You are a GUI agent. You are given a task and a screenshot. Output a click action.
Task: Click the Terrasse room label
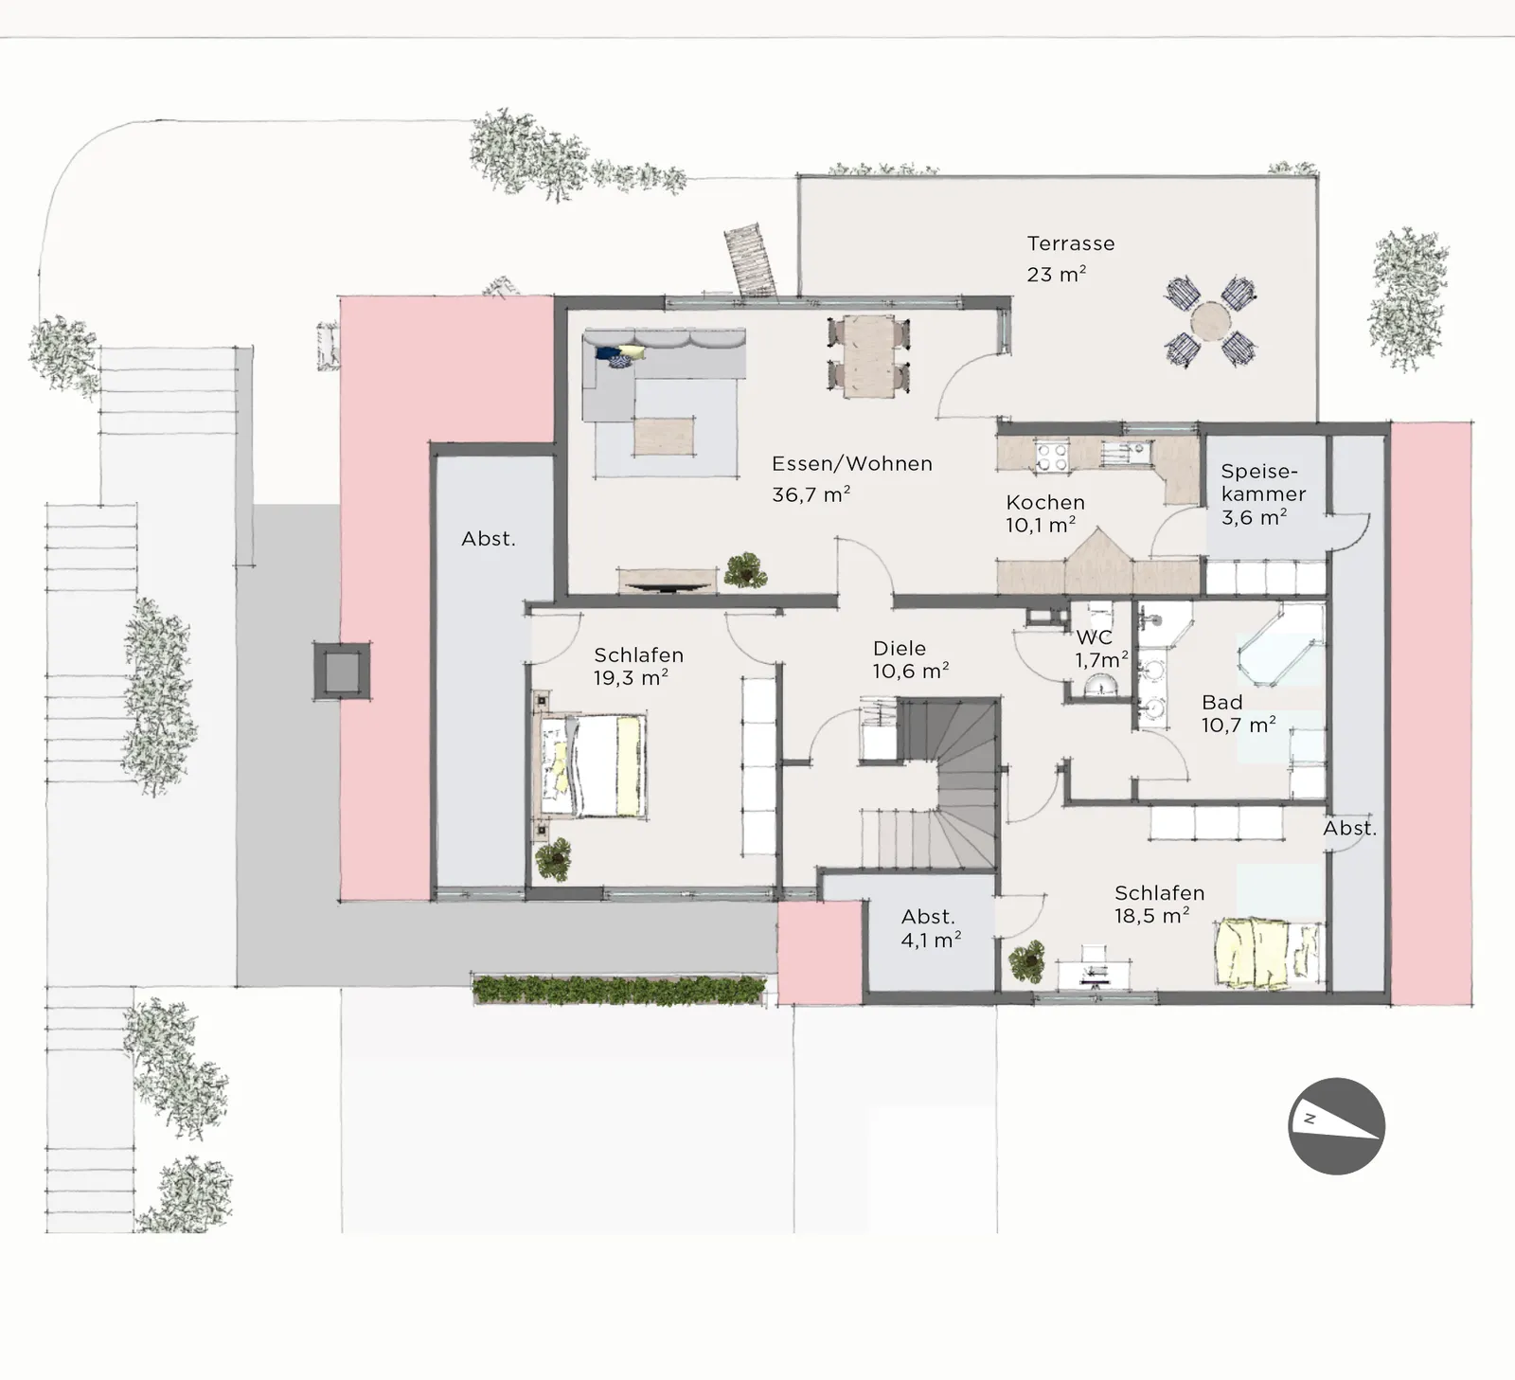tap(1071, 243)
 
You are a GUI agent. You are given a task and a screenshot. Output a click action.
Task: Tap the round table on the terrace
tap(1211, 321)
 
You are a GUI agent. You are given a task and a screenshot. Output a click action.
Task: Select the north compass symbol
tap(1336, 1126)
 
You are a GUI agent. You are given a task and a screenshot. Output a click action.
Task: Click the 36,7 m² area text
tap(811, 493)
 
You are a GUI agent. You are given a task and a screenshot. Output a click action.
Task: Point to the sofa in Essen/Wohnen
tap(663, 375)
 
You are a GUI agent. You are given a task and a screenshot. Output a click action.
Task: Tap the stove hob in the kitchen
tap(1052, 457)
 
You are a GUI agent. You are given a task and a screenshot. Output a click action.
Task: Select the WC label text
tap(1094, 637)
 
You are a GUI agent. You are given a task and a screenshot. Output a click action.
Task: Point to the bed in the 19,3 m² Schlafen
tap(593, 765)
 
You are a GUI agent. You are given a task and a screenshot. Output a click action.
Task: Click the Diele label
tap(900, 648)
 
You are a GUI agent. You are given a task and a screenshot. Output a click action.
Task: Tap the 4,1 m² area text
tap(931, 940)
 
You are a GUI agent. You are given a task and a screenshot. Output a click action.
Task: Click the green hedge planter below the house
tap(619, 990)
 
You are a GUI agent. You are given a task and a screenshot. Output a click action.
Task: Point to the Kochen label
tap(1045, 502)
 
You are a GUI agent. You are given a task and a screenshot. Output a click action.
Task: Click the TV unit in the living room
tap(668, 581)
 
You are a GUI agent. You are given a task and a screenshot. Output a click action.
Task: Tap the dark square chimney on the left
tap(342, 672)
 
